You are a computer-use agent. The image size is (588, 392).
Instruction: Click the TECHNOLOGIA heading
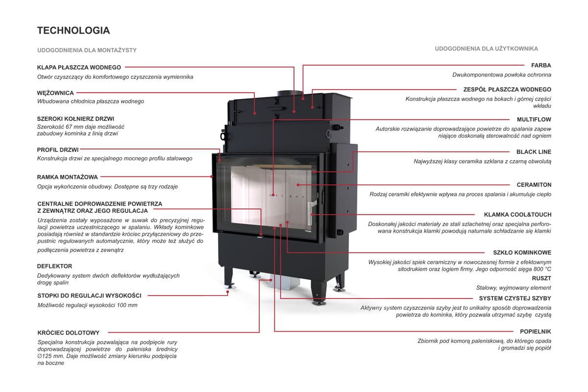coord(73,30)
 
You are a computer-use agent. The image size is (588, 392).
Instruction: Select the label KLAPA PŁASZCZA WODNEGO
coord(79,67)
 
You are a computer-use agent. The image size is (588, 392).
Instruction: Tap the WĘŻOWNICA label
coord(55,93)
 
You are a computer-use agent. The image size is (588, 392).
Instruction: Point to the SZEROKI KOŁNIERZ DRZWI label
coord(75,119)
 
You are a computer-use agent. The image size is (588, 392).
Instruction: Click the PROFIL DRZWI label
coord(58,149)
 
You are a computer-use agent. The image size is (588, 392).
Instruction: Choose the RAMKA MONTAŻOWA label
coord(68,177)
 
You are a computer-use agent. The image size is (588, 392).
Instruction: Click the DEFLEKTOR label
coord(55,266)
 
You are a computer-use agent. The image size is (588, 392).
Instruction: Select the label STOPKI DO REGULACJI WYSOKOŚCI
coord(90,295)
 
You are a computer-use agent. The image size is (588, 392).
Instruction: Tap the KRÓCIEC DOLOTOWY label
coord(69,333)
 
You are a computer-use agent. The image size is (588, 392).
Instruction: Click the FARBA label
coord(541,65)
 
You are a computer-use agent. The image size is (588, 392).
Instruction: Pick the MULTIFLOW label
coord(534,119)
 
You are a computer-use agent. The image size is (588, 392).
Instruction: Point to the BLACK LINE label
coord(534,152)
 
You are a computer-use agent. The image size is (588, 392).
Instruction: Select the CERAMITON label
coord(534,185)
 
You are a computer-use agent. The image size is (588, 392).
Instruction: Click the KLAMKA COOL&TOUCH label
coord(517,215)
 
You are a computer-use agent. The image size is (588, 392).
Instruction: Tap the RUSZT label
coord(541,278)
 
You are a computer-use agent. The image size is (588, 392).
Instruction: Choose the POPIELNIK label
coord(536,331)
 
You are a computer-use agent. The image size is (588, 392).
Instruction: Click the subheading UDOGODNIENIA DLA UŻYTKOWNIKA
coord(487,49)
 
